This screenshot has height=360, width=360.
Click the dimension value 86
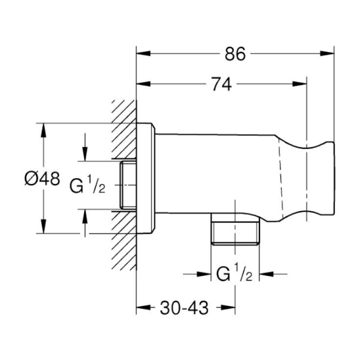(236, 54)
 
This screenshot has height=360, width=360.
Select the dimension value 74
(221, 84)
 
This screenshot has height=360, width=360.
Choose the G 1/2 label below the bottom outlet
(235, 274)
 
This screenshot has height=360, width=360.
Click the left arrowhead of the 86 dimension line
(141, 54)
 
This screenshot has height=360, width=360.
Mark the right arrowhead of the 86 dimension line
(331, 54)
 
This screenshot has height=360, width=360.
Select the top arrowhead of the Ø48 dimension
(43, 128)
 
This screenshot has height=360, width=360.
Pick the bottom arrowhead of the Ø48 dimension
(43, 228)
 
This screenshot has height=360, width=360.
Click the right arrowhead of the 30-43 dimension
(231, 308)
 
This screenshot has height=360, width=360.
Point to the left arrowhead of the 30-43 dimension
(141, 308)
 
